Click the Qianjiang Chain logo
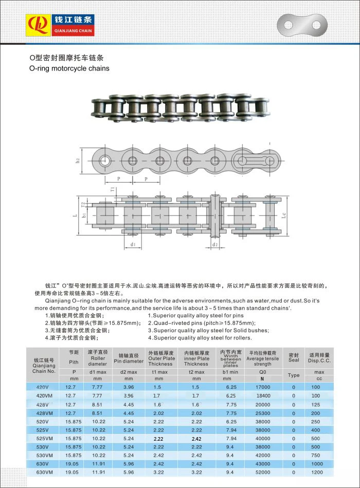tap(61, 25)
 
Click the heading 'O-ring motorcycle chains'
tap(69, 68)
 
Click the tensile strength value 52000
tap(262, 472)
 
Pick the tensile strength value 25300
tap(262, 412)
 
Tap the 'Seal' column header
tap(294, 357)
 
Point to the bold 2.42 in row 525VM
tap(196, 438)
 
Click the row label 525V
tap(43, 429)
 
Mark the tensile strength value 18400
tap(262, 395)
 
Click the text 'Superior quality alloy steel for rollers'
tap(201, 338)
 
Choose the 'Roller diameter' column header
tap(97, 357)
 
